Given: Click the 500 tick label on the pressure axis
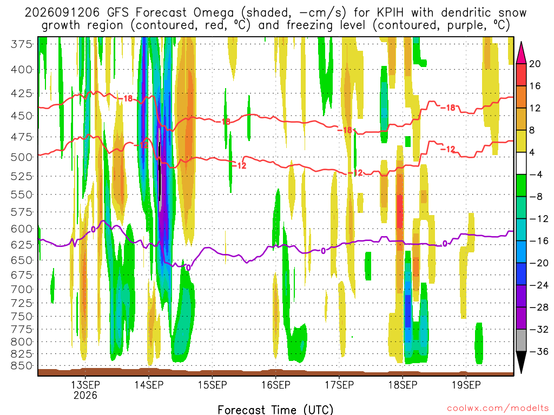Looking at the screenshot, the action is click(x=22, y=157).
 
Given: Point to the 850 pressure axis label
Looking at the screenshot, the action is click(x=22, y=366).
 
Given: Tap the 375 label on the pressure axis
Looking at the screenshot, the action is click(x=22, y=44).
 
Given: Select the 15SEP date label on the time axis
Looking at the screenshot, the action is click(x=212, y=384).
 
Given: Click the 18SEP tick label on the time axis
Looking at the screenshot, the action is click(x=403, y=384).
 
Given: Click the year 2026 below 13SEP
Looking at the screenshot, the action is click(x=85, y=395).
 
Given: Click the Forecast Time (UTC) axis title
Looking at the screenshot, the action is click(x=275, y=410).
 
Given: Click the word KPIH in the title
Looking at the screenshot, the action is click(x=391, y=13).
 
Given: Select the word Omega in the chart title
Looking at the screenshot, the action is click(x=214, y=13).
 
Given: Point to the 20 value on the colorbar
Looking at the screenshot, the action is click(x=535, y=64).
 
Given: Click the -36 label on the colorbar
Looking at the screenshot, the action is click(x=538, y=351).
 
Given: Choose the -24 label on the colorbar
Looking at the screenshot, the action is click(x=538, y=285).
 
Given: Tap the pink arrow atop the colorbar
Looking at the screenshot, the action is click(x=521, y=53).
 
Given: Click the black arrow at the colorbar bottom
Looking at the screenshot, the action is click(x=521, y=362).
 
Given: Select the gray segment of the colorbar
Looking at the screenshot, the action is click(x=521, y=340).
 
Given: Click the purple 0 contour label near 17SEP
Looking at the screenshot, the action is click(x=324, y=251).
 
